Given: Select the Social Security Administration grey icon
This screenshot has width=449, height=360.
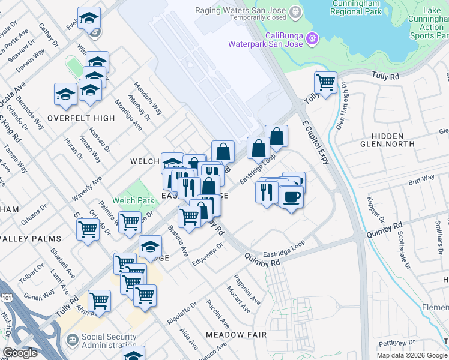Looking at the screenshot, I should click(x=72, y=340).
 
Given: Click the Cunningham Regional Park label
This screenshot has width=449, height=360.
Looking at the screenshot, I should click(x=356, y=8).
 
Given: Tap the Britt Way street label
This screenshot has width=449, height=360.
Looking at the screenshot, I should click(x=421, y=179).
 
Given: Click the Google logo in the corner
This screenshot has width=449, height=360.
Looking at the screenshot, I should click(x=20, y=353).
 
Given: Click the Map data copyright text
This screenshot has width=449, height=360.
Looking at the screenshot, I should click(x=411, y=355).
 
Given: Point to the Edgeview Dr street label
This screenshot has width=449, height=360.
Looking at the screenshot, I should click(x=208, y=254).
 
